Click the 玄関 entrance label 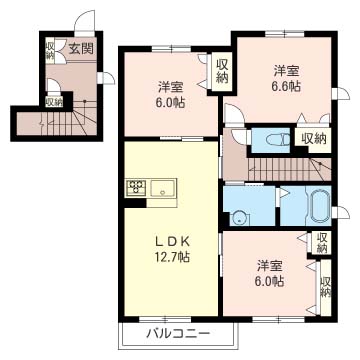81,49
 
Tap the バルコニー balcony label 178,333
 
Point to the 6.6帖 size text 286,86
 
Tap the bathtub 320,208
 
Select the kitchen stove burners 137,187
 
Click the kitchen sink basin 162,189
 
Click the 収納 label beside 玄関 50,51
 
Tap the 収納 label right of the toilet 314,138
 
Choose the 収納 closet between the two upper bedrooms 222,72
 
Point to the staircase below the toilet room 289,169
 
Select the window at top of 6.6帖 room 285,34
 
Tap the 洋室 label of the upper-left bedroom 170,87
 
